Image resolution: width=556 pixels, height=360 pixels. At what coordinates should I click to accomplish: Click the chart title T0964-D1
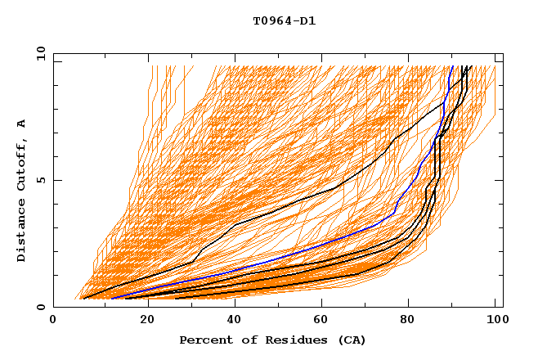click(x=284, y=21)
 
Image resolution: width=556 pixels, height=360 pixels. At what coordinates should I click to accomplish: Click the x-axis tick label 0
click(x=53, y=322)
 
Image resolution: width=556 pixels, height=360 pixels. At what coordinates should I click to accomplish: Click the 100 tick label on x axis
click(x=495, y=322)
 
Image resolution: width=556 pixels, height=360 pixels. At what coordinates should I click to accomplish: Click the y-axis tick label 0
click(x=40, y=308)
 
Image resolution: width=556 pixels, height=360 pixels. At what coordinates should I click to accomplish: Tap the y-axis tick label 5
click(x=40, y=180)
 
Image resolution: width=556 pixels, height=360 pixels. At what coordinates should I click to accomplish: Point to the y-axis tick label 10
click(x=38, y=53)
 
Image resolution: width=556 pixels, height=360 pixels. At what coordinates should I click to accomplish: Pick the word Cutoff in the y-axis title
click(x=22, y=163)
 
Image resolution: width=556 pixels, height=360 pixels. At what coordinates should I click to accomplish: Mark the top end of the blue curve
click(x=452, y=66)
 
